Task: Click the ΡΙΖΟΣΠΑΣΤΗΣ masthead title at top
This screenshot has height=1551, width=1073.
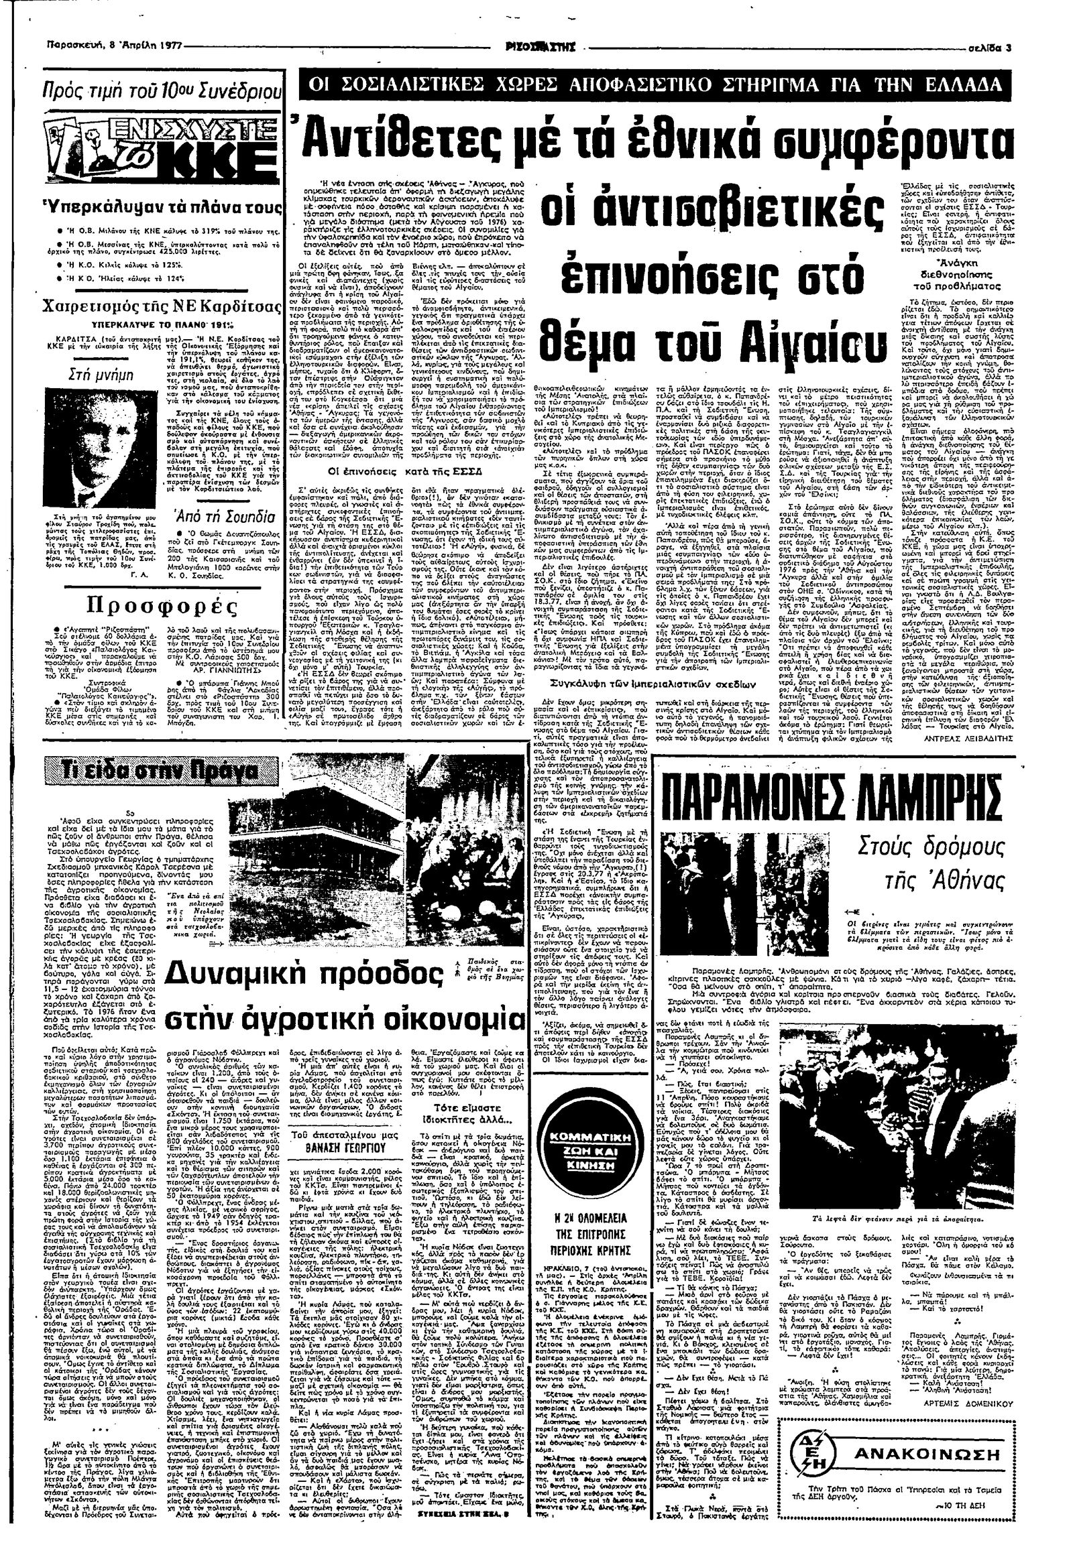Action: pyautogui.click(x=544, y=48)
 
